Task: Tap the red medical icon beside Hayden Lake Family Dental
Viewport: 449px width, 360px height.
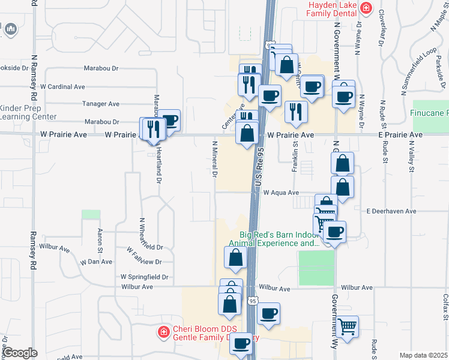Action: pyautogui.click(x=366, y=9)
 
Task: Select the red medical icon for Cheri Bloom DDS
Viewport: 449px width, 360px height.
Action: pyautogui.click(x=163, y=331)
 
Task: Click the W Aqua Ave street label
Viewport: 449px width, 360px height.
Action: pyautogui.click(x=280, y=193)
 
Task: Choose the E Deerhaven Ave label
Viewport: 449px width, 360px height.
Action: pyautogui.click(x=391, y=211)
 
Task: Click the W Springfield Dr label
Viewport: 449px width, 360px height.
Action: pyautogui.click(x=144, y=277)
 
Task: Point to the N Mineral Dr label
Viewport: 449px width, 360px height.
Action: pyautogui.click(x=214, y=160)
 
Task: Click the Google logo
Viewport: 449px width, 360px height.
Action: pyautogui.click(x=20, y=353)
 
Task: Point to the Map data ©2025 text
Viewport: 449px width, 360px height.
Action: pyautogui.click(x=423, y=355)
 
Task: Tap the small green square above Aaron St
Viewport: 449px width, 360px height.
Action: pyautogui.click(x=91, y=214)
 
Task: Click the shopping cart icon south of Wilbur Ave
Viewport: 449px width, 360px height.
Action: pyautogui.click(x=347, y=326)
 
